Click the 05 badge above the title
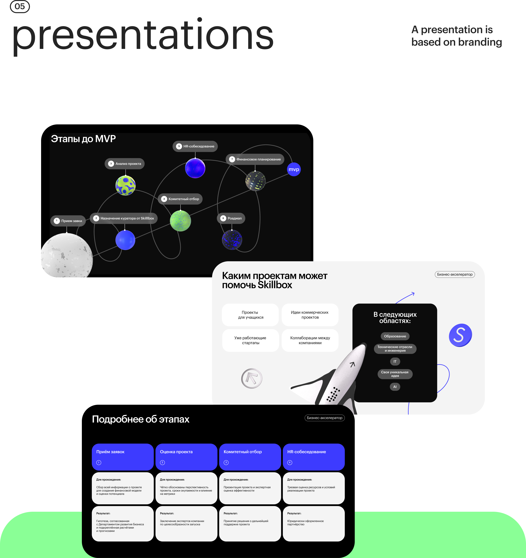click(20, 6)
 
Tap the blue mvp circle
click(294, 169)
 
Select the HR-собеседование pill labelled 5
click(195, 146)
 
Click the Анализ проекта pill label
click(125, 164)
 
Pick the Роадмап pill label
click(231, 218)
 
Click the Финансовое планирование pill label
click(255, 159)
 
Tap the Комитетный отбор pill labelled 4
click(180, 199)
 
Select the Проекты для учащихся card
click(250, 315)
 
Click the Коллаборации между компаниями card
click(310, 340)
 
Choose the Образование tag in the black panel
click(395, 336)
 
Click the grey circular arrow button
click(252, 378)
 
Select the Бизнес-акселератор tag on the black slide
click(325, 418)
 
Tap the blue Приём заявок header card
click(123, 457)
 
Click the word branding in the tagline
click(480, 42)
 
